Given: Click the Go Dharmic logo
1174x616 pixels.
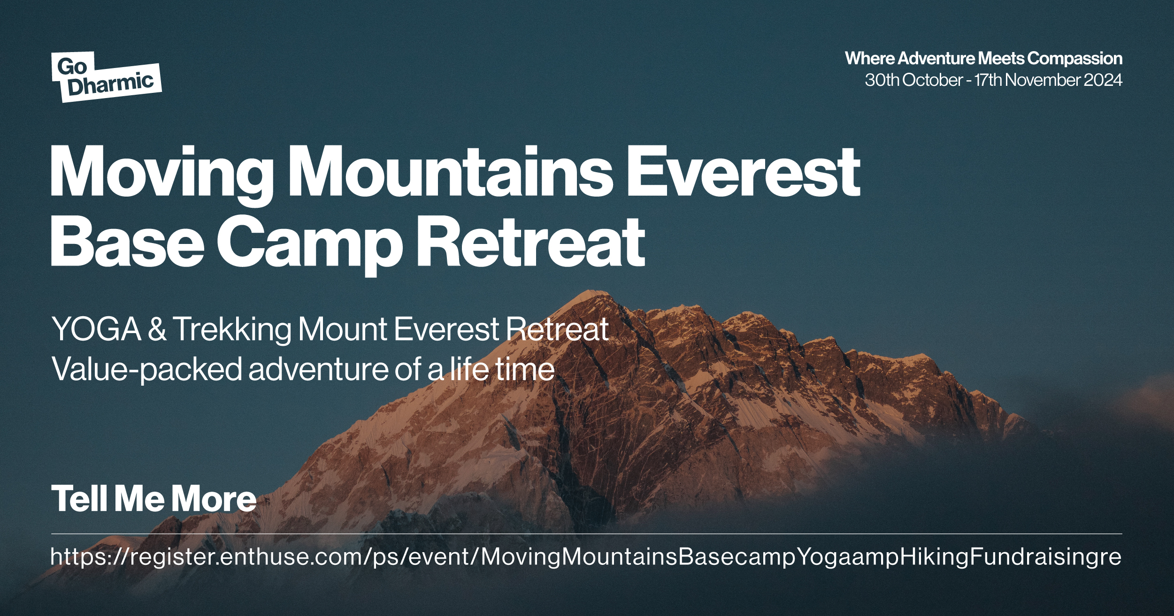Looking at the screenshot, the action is (x=107, y=77).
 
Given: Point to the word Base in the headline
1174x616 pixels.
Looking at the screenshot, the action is (x=127, y=243).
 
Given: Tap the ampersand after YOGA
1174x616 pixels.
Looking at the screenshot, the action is (x=157, y=329).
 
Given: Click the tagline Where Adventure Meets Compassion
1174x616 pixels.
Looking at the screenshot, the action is (x=983, y=59).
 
